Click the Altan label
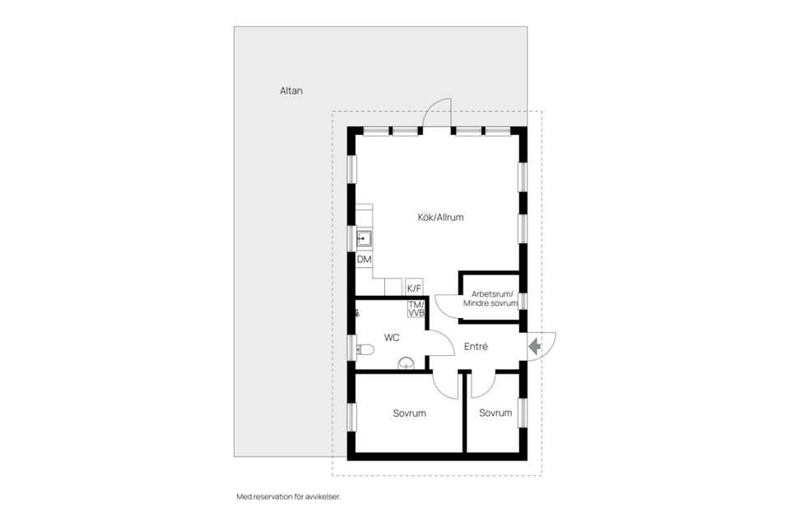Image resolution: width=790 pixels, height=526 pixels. tap(291, 91)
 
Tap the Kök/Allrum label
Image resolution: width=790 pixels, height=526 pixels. tap(440, 218)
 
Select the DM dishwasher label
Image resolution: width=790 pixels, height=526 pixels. tap(365, 260)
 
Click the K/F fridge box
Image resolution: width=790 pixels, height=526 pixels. tap(415, 288)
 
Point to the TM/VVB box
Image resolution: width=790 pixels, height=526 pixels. tap(416, 309)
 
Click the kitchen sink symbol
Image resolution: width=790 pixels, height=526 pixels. tap(365, 239)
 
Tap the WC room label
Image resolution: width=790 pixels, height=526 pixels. tap(392, 337)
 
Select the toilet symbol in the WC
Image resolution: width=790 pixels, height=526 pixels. tap(365, 349)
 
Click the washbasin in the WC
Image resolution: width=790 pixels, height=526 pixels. tap(405, 364)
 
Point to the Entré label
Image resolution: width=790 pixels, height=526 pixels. tap(476, 347)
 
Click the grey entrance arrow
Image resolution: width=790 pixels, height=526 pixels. tap(534, 347)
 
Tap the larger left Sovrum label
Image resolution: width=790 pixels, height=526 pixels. tap(410, 413)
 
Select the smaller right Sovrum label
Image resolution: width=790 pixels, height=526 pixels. tap(495, 413)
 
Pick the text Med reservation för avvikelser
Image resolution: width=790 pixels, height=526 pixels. tap(288, 496)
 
